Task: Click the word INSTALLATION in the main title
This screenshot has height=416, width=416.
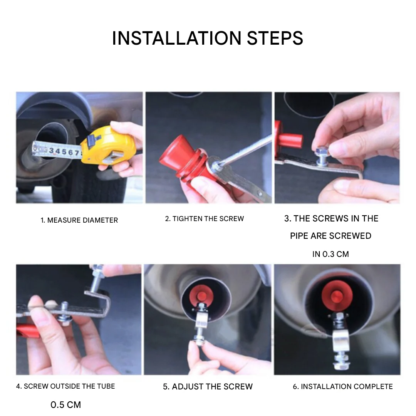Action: coord(177,38)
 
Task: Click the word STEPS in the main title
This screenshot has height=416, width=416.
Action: coord(275,38)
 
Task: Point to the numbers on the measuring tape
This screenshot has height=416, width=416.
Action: coord(64,151)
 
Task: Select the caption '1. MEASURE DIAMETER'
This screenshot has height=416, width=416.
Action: coord(79,220)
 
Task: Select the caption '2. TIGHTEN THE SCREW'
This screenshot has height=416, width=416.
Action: coord(204,219)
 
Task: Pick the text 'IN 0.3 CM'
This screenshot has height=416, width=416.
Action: coord(330,254)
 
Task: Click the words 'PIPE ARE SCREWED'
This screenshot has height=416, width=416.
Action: coord(330,236)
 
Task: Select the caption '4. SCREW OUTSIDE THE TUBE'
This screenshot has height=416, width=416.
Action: coord(65,386)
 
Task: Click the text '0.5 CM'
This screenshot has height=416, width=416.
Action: coord(65,404)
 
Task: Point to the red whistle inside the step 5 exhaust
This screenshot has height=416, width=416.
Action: coord(202,295)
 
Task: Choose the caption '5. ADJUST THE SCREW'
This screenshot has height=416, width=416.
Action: coord(208,387)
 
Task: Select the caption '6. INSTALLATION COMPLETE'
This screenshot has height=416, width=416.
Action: coord(343,387)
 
